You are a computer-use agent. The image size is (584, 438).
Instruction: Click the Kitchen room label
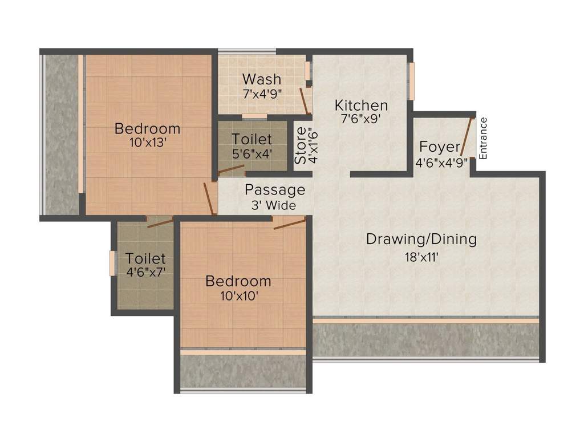pos(361,106)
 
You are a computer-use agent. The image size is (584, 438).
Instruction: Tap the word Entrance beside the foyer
pos(484,138)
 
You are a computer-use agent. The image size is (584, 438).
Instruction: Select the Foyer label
pos(440,146)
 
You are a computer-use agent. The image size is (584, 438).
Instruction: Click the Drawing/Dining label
pos(421,239)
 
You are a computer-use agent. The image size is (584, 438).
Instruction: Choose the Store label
pos(300,145)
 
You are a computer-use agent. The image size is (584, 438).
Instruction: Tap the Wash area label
pos(261,79)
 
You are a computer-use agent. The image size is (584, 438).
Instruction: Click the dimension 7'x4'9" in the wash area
pos(262,93)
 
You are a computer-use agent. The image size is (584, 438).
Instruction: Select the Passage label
pos(275,190)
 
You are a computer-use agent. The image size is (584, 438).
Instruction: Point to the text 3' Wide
pos(274,205)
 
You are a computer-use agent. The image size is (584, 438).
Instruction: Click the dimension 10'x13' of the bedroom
pos(147,143)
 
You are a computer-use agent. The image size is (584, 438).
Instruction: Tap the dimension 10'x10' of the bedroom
pos(238,296)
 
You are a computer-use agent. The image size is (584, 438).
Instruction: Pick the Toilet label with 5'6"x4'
pos(252,139)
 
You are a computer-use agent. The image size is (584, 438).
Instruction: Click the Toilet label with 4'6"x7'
pos(146,258)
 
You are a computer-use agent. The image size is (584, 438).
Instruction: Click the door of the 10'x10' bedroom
pos(290,223)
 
